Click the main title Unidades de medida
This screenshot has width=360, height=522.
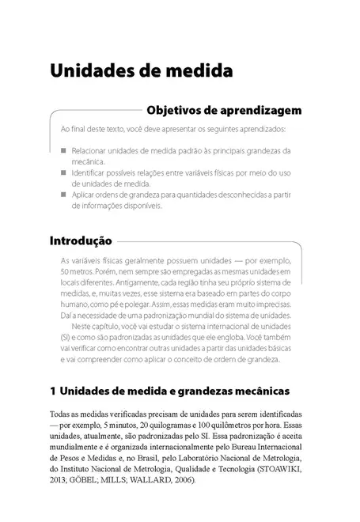(141, 70)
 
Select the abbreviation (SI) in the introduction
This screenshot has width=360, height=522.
(66, 336)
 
